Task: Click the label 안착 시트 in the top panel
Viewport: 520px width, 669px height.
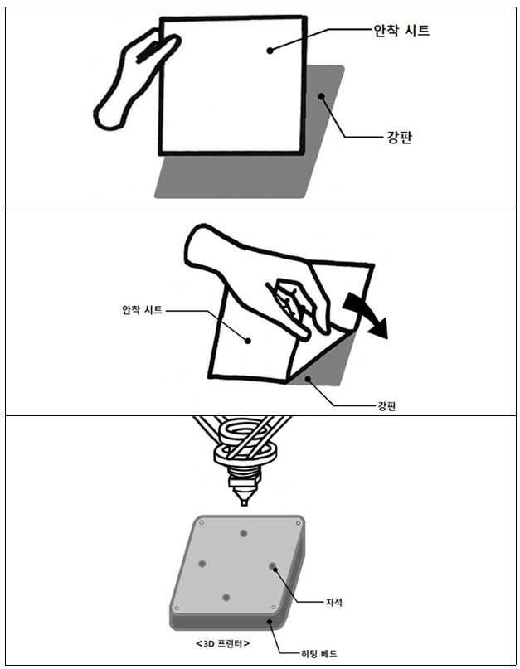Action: point(401,31)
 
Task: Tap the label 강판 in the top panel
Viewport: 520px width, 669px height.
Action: point(400,138)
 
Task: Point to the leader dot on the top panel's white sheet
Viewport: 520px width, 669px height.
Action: point(270,51)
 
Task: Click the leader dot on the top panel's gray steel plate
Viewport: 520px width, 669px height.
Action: point(321,96)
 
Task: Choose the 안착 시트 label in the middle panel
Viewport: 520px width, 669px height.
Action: point(142,310)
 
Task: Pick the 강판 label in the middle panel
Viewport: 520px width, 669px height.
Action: point(386,405)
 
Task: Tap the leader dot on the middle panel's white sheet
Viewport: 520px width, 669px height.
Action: point(248,340)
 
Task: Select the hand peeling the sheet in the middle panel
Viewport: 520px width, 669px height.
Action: point(256,273)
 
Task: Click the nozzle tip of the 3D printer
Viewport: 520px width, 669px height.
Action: point(244,502)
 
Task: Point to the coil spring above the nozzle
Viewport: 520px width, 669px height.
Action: point(245,444)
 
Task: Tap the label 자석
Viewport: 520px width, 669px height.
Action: point(334,602)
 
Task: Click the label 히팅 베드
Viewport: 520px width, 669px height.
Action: point(319,652)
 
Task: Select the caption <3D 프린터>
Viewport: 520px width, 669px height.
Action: point(223,643)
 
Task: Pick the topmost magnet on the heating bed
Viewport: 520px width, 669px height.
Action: point(244,533)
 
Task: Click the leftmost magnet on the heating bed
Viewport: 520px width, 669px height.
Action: point(202,564)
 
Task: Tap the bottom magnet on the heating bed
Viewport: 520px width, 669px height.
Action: point(226,598)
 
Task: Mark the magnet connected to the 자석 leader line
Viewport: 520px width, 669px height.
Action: point(273,566)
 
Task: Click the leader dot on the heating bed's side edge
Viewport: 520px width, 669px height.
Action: point(270,621)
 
